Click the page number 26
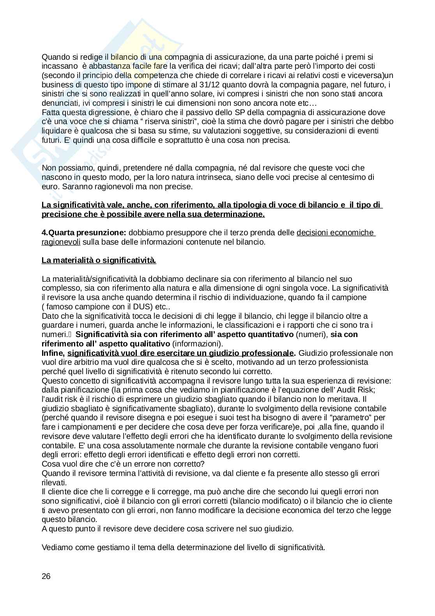(46, 576)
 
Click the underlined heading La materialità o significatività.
(99, 261)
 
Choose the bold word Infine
(53, 353)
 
